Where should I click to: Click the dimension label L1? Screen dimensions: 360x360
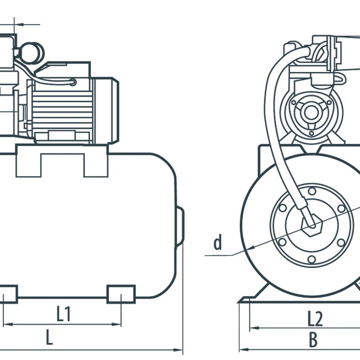[x=63, y=314]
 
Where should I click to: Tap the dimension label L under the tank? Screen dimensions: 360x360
[x=49, y=337]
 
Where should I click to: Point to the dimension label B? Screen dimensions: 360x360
[x=313, y=340]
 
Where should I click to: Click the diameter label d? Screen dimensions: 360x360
[x=218, y=243]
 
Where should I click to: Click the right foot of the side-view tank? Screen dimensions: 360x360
[x=121, y=293]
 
